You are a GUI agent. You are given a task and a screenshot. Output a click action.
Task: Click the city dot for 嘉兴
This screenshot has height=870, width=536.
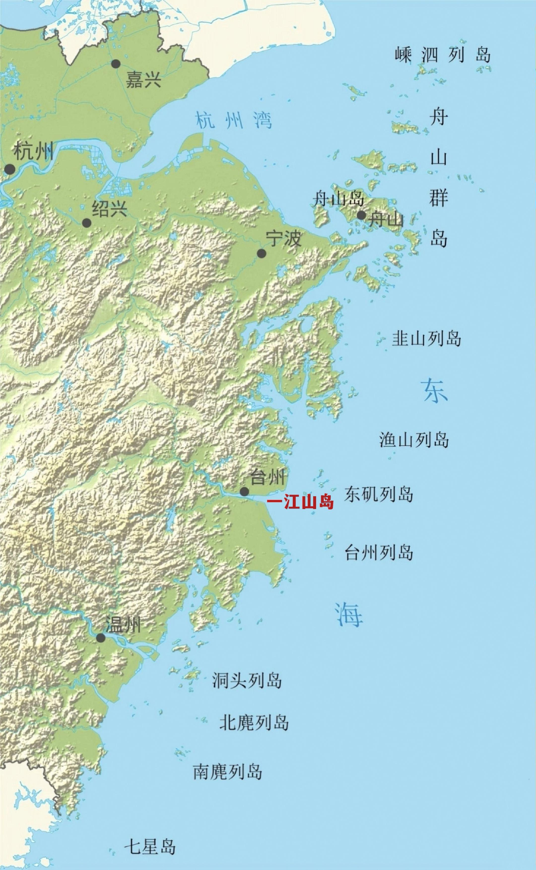[116, 64]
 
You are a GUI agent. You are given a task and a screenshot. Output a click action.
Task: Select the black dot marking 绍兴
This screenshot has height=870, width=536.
[87, 223]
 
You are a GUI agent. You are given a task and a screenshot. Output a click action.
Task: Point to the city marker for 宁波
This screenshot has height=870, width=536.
[262, 253]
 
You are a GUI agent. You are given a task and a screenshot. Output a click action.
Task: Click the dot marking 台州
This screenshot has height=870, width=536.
[244, 491]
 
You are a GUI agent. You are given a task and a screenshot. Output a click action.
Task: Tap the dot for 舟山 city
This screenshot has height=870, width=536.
[361, 215]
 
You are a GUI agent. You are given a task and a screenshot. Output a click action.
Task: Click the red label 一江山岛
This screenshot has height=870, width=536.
[300, 503]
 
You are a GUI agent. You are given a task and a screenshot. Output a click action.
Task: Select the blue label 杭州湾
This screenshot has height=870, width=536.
[234, 120]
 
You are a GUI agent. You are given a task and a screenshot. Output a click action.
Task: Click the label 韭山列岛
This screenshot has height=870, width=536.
[426, 339]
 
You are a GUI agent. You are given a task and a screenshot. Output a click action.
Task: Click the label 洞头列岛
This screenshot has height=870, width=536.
[247, 680]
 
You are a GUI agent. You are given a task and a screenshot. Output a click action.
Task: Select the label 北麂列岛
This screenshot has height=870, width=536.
[254, 722]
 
